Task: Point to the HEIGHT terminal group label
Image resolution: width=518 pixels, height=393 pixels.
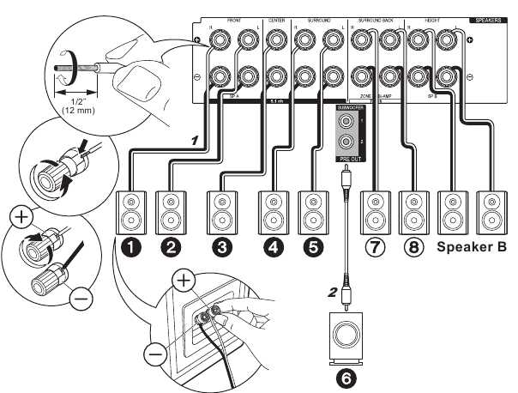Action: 434,18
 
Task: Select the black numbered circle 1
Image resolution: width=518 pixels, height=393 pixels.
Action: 130,248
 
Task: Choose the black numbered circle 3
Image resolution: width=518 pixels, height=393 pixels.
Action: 222,248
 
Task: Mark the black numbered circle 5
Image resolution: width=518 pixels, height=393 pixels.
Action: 312,248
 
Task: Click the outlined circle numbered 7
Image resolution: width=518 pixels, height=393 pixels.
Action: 374,248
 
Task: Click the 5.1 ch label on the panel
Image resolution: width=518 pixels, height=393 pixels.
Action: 277,101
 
